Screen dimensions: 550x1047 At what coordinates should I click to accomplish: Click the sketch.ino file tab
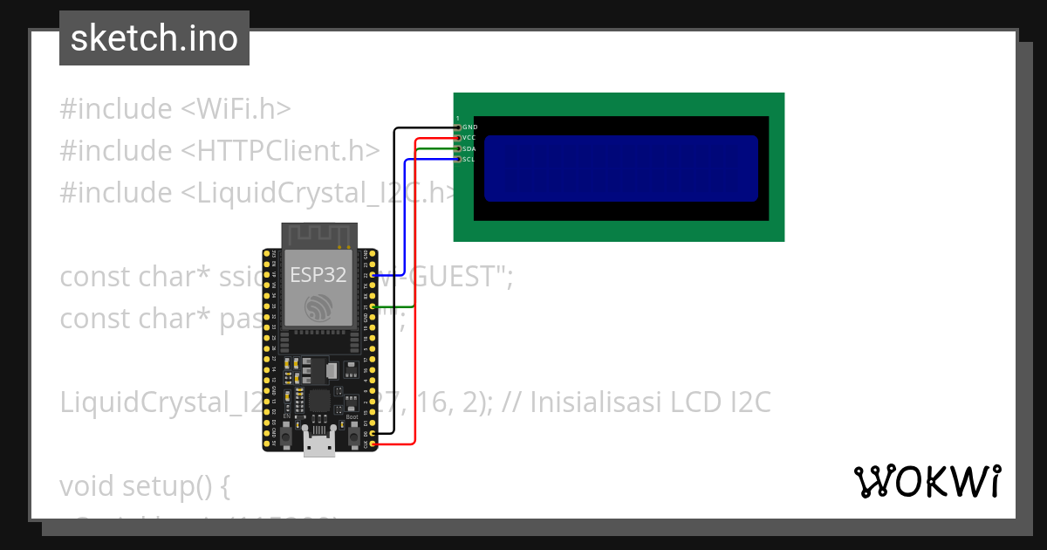click(154, 38)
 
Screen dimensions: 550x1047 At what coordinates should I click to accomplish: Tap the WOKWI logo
click(927, 482)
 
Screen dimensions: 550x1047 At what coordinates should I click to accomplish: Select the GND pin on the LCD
click(458, 127)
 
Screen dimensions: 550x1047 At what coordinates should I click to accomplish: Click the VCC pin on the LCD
click(458, 138)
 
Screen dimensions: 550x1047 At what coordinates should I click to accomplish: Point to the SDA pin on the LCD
click(458, 149)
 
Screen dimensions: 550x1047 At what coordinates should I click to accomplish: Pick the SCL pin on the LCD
click(458, 160)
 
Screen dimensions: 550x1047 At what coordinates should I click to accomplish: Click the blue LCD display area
click(620, 168)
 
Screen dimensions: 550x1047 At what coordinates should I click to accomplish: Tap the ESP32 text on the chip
click(318, 276)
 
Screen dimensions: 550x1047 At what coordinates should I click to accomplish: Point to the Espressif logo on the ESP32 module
click(318, 307)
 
